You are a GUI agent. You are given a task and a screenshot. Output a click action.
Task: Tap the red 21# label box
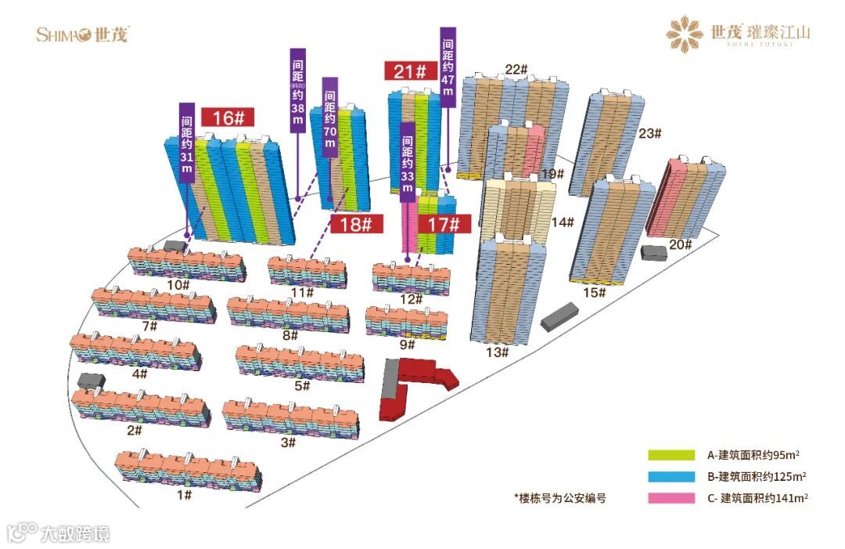[x=410, y=71]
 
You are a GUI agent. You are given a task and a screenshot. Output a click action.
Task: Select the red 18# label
[x=356, y=224]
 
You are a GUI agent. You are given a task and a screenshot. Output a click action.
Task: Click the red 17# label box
[x=444, y=224]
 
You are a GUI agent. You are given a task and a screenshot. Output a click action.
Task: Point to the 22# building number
[x=516, y=69]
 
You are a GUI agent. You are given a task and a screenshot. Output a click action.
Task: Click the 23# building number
[x=650, y=133]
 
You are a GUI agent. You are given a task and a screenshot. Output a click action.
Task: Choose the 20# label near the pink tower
[x=680, y=245]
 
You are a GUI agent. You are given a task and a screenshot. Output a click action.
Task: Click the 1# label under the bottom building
[x=184, y=494]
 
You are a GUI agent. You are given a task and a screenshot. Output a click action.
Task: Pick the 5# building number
[x=302, y=385]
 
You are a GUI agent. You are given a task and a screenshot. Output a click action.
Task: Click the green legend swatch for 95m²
[x=671, y=455]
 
